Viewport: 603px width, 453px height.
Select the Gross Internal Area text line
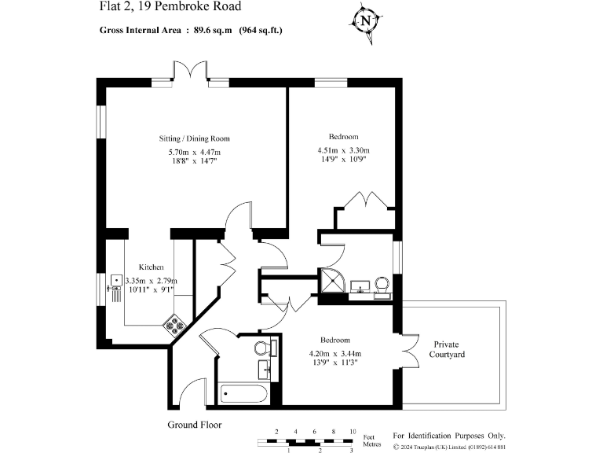pos(191,31)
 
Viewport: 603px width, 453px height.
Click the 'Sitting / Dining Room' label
pos(194,138)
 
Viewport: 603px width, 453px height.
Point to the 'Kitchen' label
pos(151,267)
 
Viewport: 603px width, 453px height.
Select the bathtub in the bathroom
pos(245,392)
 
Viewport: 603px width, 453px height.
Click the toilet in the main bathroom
pos(263,347)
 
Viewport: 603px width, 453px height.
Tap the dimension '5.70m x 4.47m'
pos(194,152)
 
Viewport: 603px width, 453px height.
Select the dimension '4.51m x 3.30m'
pos(343,151)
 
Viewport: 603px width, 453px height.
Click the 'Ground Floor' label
pos(194,425)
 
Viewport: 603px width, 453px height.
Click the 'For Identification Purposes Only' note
pos(448,436)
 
